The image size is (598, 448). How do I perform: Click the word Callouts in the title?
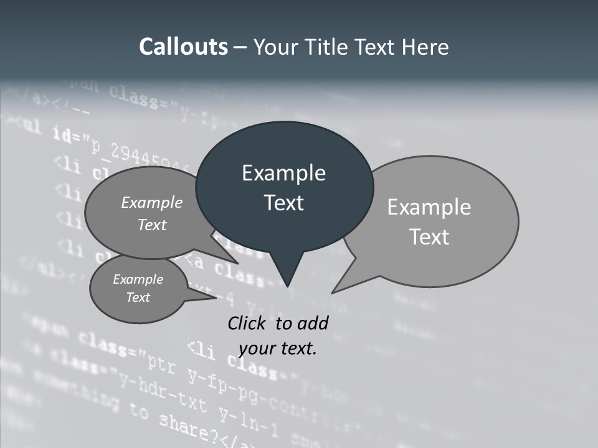[183, 47]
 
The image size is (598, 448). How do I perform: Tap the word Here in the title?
[423, 47]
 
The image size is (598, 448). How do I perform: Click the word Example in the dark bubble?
[283, 173]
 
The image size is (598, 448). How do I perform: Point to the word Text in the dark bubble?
[283, 203]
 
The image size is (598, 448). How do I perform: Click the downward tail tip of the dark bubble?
[287, 286]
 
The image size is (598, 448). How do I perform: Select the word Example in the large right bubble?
[429, 207]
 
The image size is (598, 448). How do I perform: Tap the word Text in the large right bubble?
[429, 237]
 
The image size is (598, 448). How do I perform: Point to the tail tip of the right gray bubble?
[332, 292]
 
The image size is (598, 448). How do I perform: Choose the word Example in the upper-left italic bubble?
[152, 203]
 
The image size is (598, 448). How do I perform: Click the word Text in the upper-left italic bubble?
[152, 225]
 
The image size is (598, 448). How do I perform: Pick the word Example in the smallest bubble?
[138, 279]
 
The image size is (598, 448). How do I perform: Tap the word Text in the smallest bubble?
[138, 297]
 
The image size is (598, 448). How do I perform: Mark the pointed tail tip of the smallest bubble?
[216, 298]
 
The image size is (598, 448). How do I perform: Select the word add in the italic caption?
[313, 323]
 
